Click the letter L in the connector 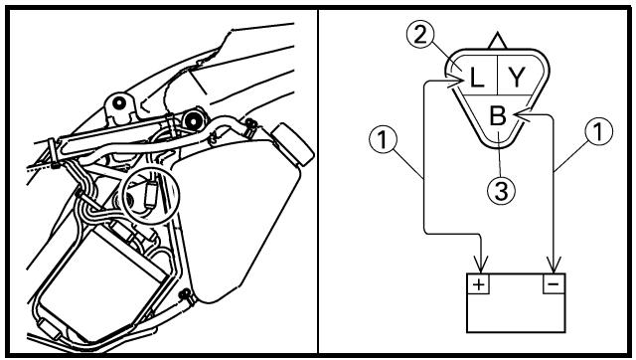477,78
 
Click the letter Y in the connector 517,78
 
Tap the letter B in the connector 498,115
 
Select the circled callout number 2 421,36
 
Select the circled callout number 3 501,191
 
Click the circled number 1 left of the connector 384,139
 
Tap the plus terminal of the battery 479,284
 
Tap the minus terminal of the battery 554,284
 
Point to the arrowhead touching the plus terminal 481,265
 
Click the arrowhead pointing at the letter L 456,84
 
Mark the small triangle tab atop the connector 498,42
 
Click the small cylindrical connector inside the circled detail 151,195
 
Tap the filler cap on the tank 292,144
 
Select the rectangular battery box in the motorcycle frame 102,283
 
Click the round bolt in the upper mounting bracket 119,102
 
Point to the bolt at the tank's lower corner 186,294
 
